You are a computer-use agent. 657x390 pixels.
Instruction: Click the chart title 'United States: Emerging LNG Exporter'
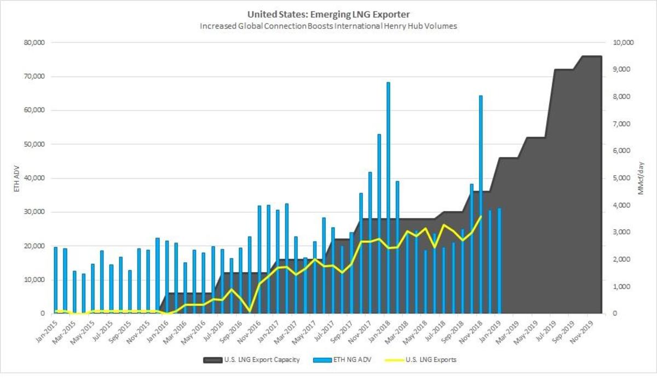click(x=328, y=14)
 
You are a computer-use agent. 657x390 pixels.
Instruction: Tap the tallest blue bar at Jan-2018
click(x=388, y=197)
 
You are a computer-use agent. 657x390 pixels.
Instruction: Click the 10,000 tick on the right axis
click(x=621, y=42)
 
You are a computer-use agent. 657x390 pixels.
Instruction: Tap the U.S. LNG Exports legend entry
click(x=421, y=360)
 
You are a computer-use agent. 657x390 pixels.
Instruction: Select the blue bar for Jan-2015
click(x=55, y=280)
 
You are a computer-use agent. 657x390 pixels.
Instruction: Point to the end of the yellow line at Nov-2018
click(x=481, y=217)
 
